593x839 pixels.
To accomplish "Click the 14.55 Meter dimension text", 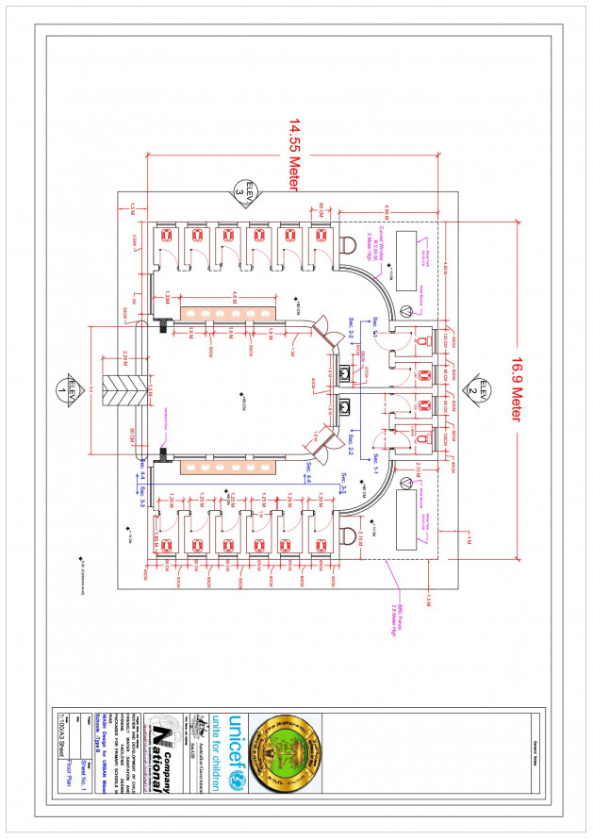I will tap(293, 155).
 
